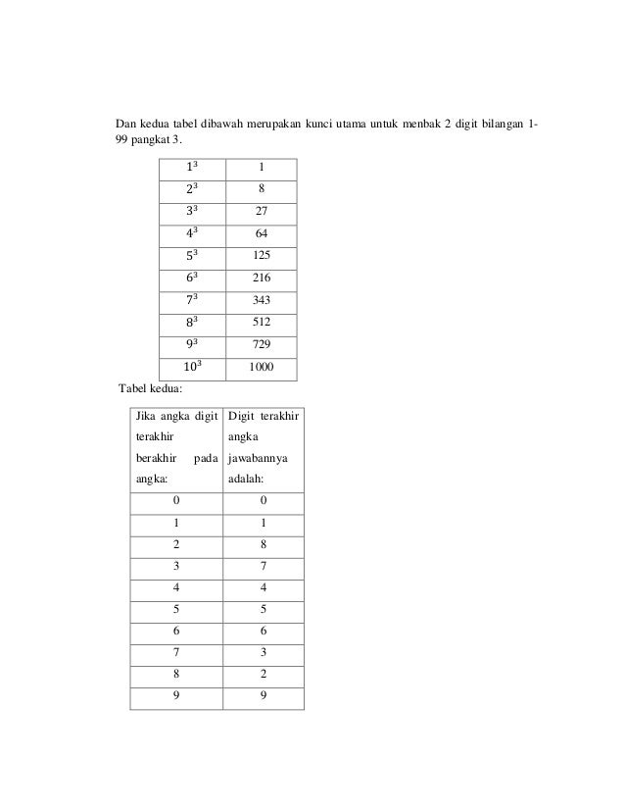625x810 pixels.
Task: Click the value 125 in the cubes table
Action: [260, 255]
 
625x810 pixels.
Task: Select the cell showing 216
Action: [260, 278]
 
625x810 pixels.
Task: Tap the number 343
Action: [260, 300]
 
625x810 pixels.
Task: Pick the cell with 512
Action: [260, 323]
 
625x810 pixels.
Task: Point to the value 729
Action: [260, 345]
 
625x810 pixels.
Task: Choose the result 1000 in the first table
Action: [260, 368]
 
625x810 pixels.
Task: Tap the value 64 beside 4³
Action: [260, 233]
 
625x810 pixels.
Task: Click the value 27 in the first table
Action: [260, 211]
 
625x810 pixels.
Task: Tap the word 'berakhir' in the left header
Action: [157, 458]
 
